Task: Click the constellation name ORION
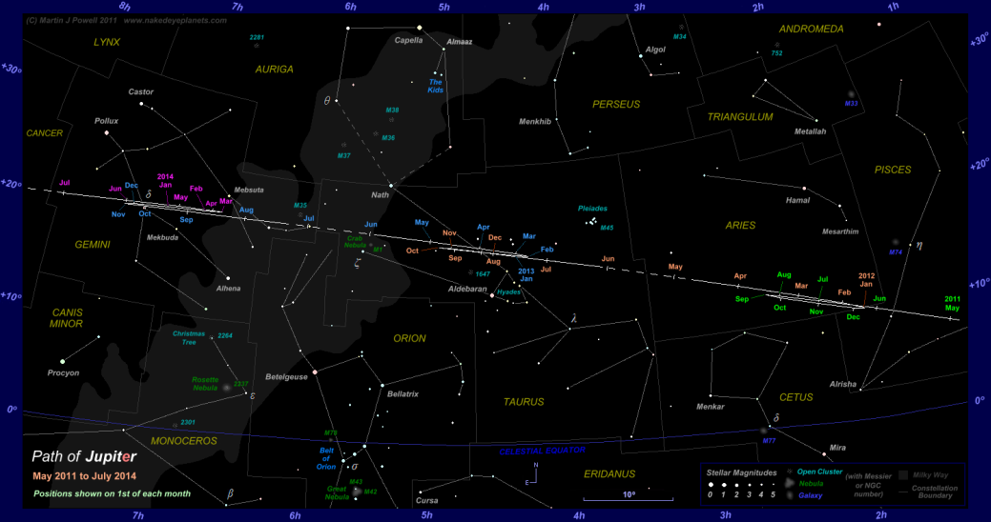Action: click(409, 338)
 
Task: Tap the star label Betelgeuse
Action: click(286, 376)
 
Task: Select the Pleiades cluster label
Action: click(592, 208)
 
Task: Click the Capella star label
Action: click(408, 40)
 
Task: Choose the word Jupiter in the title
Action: click(93, 456)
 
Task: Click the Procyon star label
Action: click(64, 372)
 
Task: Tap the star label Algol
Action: click(655, 50)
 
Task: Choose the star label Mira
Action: click(837, 447)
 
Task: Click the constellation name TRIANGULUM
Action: click(740, 117)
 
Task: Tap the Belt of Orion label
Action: click(326, 461)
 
